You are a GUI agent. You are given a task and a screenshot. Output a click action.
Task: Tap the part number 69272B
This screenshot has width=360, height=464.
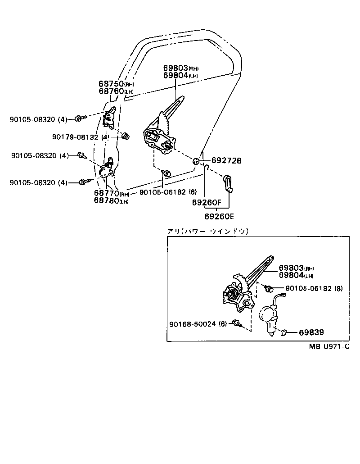(226, 161)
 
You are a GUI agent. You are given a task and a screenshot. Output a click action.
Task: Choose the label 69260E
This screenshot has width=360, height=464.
(219, 216)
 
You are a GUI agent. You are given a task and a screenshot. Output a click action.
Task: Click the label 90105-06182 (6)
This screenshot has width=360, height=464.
(162, 192)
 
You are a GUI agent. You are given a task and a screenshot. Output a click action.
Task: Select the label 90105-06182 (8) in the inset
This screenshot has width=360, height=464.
(314, 288)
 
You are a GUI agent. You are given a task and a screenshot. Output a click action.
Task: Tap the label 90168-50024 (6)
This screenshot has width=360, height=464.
(198, 324)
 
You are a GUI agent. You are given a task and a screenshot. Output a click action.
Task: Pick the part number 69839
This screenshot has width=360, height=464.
(311, 332)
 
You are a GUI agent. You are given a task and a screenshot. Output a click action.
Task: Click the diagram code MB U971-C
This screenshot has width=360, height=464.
(329, 346)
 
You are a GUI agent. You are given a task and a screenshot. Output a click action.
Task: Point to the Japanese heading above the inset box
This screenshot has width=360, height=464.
(207, 231)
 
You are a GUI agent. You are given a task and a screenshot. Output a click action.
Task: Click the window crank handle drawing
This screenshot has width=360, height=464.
(228, 183)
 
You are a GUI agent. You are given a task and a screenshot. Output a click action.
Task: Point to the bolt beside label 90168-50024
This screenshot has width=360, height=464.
(236, 323)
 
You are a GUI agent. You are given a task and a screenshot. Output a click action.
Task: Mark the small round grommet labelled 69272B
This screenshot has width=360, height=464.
(197, 162)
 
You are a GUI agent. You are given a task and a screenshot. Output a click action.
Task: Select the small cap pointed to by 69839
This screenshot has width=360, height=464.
(283, 333)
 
